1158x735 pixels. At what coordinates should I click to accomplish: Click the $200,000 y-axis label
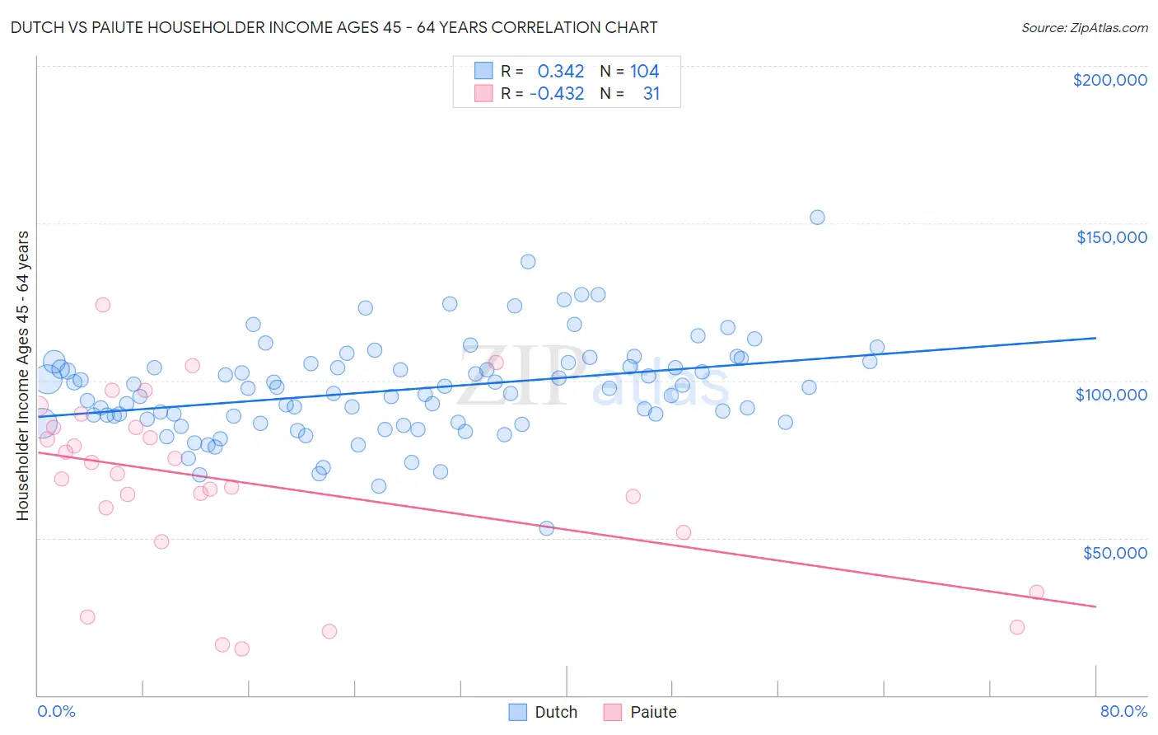1109,80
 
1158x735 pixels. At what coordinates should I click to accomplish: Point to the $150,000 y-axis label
1111,237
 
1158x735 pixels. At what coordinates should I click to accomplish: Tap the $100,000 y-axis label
1111,395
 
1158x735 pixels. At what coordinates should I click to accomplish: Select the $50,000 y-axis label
1114,552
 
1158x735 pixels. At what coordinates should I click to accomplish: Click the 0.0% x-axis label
56,711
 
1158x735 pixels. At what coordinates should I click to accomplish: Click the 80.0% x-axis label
1123,711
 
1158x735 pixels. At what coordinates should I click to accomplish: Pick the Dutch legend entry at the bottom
544,712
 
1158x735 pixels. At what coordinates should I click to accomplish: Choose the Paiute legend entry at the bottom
641,712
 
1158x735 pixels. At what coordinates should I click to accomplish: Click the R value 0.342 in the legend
560,71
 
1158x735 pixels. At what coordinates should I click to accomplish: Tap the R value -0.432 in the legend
557,93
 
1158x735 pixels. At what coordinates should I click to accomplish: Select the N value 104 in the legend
644,71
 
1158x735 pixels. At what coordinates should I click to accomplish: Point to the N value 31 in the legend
651,93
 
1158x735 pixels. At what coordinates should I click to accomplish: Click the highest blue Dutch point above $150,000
817,218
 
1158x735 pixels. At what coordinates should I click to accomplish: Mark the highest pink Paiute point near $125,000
103,305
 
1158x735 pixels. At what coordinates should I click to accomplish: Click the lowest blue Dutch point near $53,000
546,528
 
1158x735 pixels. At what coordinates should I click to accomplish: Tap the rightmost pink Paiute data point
1036,592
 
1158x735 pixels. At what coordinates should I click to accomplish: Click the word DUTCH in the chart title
34,27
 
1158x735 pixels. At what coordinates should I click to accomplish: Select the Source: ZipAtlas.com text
1084,27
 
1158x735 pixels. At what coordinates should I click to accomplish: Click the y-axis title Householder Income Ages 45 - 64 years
22,375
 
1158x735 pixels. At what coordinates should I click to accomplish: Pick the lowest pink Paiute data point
241,648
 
